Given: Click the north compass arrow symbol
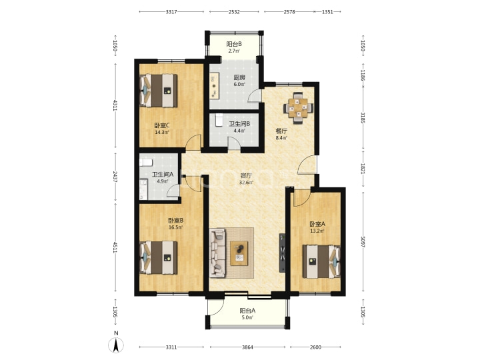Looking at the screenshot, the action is coord(116,345).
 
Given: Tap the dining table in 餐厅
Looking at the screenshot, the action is coord(299,108).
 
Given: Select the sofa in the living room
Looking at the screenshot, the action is coord(217,253).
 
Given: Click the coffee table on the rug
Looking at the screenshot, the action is coord(239,253).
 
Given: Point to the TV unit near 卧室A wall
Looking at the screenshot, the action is coord(282,253).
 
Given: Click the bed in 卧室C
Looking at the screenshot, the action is coord(159,90).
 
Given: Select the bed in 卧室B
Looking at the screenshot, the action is coord(159,257).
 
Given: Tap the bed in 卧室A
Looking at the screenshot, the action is coord(321,261).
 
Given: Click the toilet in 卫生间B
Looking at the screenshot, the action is coord(219,120).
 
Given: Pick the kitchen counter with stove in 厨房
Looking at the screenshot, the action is coord(214,85).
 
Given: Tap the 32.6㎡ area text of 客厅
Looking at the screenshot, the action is coord(246,183).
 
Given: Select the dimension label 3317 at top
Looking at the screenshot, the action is coord(171,12).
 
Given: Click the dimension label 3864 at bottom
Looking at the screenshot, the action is coord(247,347).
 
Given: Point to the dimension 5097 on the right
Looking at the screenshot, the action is coord(363,242).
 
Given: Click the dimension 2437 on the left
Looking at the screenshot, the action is coord(115,177).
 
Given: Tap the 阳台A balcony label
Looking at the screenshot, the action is coord(247,311).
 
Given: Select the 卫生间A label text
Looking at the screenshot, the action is coord(163,174).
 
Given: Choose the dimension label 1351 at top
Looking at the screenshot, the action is coord(327,12).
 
